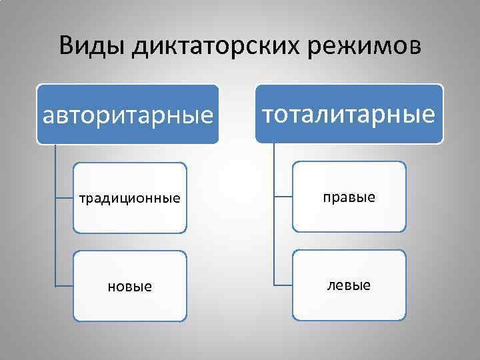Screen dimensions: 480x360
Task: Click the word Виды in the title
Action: click(x=93, y=46)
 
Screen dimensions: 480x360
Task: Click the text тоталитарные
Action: click(x=349, y=114)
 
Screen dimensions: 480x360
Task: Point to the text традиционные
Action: click(x=129, y=198)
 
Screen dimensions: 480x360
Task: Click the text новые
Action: click(x=129, y=287)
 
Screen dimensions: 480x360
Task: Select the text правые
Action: click(x=349, y=197)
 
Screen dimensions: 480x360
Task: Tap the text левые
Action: click(x=349, y=285)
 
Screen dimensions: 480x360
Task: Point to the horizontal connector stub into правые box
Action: click(x=284, y=197)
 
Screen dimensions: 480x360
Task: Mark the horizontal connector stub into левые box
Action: click(x=284, y=285)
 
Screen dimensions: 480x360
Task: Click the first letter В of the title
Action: click(x=66, y=46)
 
